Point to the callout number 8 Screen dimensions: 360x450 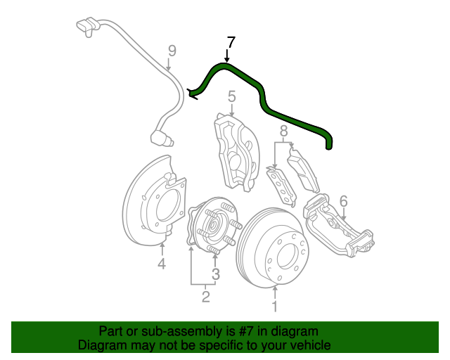tap(283, 131)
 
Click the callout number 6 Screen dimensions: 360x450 tap(343, 202)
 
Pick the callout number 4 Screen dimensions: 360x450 tap(161, 264)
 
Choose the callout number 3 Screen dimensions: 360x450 tap(216, 274)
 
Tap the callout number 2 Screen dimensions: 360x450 tap(205, 297)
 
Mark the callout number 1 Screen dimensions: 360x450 tap(276, 306)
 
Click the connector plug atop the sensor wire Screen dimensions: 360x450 tap(87, 27)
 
